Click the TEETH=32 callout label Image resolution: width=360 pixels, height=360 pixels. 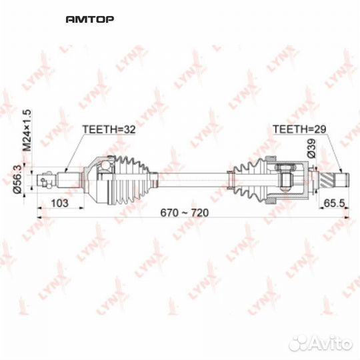[x=108, y=131]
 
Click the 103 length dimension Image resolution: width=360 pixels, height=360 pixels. [x=60, y=204]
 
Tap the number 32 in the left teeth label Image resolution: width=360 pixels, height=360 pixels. [x=129, y=131]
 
